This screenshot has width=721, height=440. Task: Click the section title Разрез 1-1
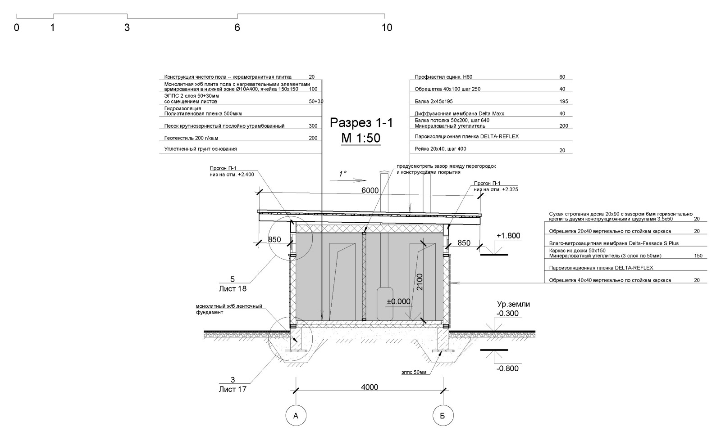click(x=361, y=123)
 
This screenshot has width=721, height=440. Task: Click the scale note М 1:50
click(x=361, y=138)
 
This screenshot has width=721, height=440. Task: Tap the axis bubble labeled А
click(x=296, y=416)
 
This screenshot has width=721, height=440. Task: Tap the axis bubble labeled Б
click(x=443, y=416)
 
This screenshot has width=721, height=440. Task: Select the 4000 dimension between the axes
click(x=370, y=387)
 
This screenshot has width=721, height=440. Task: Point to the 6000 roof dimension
click(x=370, y=190)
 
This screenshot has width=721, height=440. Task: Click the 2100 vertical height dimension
click(x=420, y=282)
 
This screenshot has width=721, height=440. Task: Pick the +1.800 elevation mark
click(x=508, y=236)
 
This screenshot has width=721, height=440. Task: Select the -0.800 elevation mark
click(x=507, y=368)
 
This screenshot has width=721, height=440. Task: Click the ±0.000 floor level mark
click(x=398, y=301)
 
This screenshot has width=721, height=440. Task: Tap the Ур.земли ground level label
click(x=513, y=304)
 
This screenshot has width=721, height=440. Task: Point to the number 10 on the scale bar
click(x=387, y=27)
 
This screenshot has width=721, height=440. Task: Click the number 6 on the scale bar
click(x=237, y=27)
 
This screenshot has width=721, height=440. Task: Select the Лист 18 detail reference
click(x=233, y=289)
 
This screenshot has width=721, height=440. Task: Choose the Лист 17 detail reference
click(x=233, y=389)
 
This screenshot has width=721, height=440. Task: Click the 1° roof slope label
click(x=342, y=174)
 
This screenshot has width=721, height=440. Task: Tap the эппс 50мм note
click(x=414, y=372)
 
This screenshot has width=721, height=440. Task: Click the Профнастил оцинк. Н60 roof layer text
click(x=443, y=77)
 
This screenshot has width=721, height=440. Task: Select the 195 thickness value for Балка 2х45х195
click(x=564, y=102)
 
